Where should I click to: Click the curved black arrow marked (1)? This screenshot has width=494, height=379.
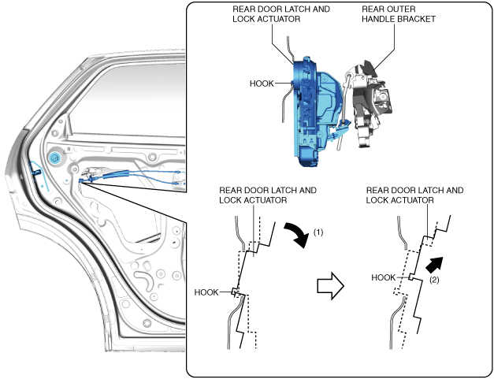[x=298, y=233]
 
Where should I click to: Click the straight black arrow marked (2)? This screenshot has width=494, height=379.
[x=435, y=265]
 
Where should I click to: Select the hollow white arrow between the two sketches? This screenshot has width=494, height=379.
[x=330, y=286]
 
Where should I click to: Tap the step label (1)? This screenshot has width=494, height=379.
[x=318, y=232]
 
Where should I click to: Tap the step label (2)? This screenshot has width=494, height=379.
[x=434, y=280]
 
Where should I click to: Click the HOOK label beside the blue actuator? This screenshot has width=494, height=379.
[x=262, y=84]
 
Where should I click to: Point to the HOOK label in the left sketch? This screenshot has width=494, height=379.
[x=206, y=292]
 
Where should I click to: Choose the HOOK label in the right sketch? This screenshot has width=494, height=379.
[x=384, y=277]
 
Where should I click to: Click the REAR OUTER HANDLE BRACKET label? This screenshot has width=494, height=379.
[x=399, y=14]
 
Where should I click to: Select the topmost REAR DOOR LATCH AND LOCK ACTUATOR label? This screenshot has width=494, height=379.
[x=281, y=14]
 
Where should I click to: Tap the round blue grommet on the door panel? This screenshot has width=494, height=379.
[x=54, y=157]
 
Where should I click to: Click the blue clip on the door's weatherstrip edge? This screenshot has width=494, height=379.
[x=37, y=172]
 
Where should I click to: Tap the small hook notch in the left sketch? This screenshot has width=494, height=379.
[x=235, y=292]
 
